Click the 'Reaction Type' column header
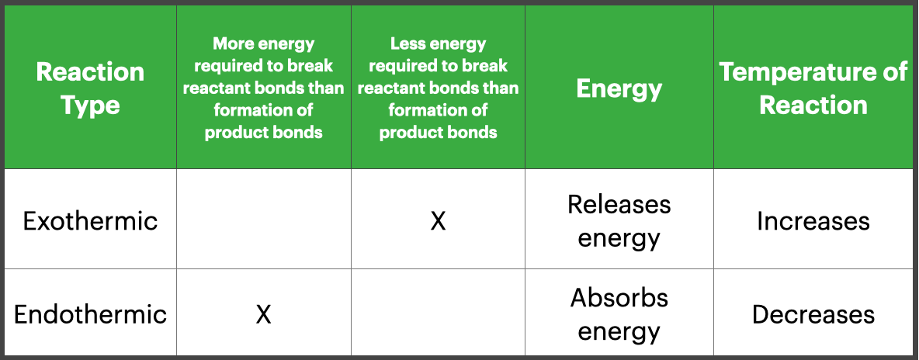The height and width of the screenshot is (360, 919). point(90,88)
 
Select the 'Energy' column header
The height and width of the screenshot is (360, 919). point(619,88)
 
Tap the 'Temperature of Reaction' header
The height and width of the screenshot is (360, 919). point(813,88)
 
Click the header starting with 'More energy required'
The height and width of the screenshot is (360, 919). point(264,88)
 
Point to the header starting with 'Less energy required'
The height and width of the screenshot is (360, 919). point(439,88)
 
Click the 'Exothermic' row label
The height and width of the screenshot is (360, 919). point(90,221)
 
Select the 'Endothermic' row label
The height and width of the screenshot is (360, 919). point(90,314)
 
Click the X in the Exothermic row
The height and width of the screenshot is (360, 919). point(439,221)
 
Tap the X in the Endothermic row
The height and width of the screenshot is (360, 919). point(264,314)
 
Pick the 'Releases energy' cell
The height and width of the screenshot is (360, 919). point(619,221)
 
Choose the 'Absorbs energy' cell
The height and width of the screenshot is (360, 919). point(619,314)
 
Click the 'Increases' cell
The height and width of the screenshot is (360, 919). point(813,221)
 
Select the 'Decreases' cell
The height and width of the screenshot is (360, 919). point(813,314)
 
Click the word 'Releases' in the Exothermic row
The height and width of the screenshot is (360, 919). point(619,204)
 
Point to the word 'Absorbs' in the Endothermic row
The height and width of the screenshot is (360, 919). point(619,297)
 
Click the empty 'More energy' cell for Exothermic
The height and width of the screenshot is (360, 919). point(264,220)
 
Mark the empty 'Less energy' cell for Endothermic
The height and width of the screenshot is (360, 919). point(439,312)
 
